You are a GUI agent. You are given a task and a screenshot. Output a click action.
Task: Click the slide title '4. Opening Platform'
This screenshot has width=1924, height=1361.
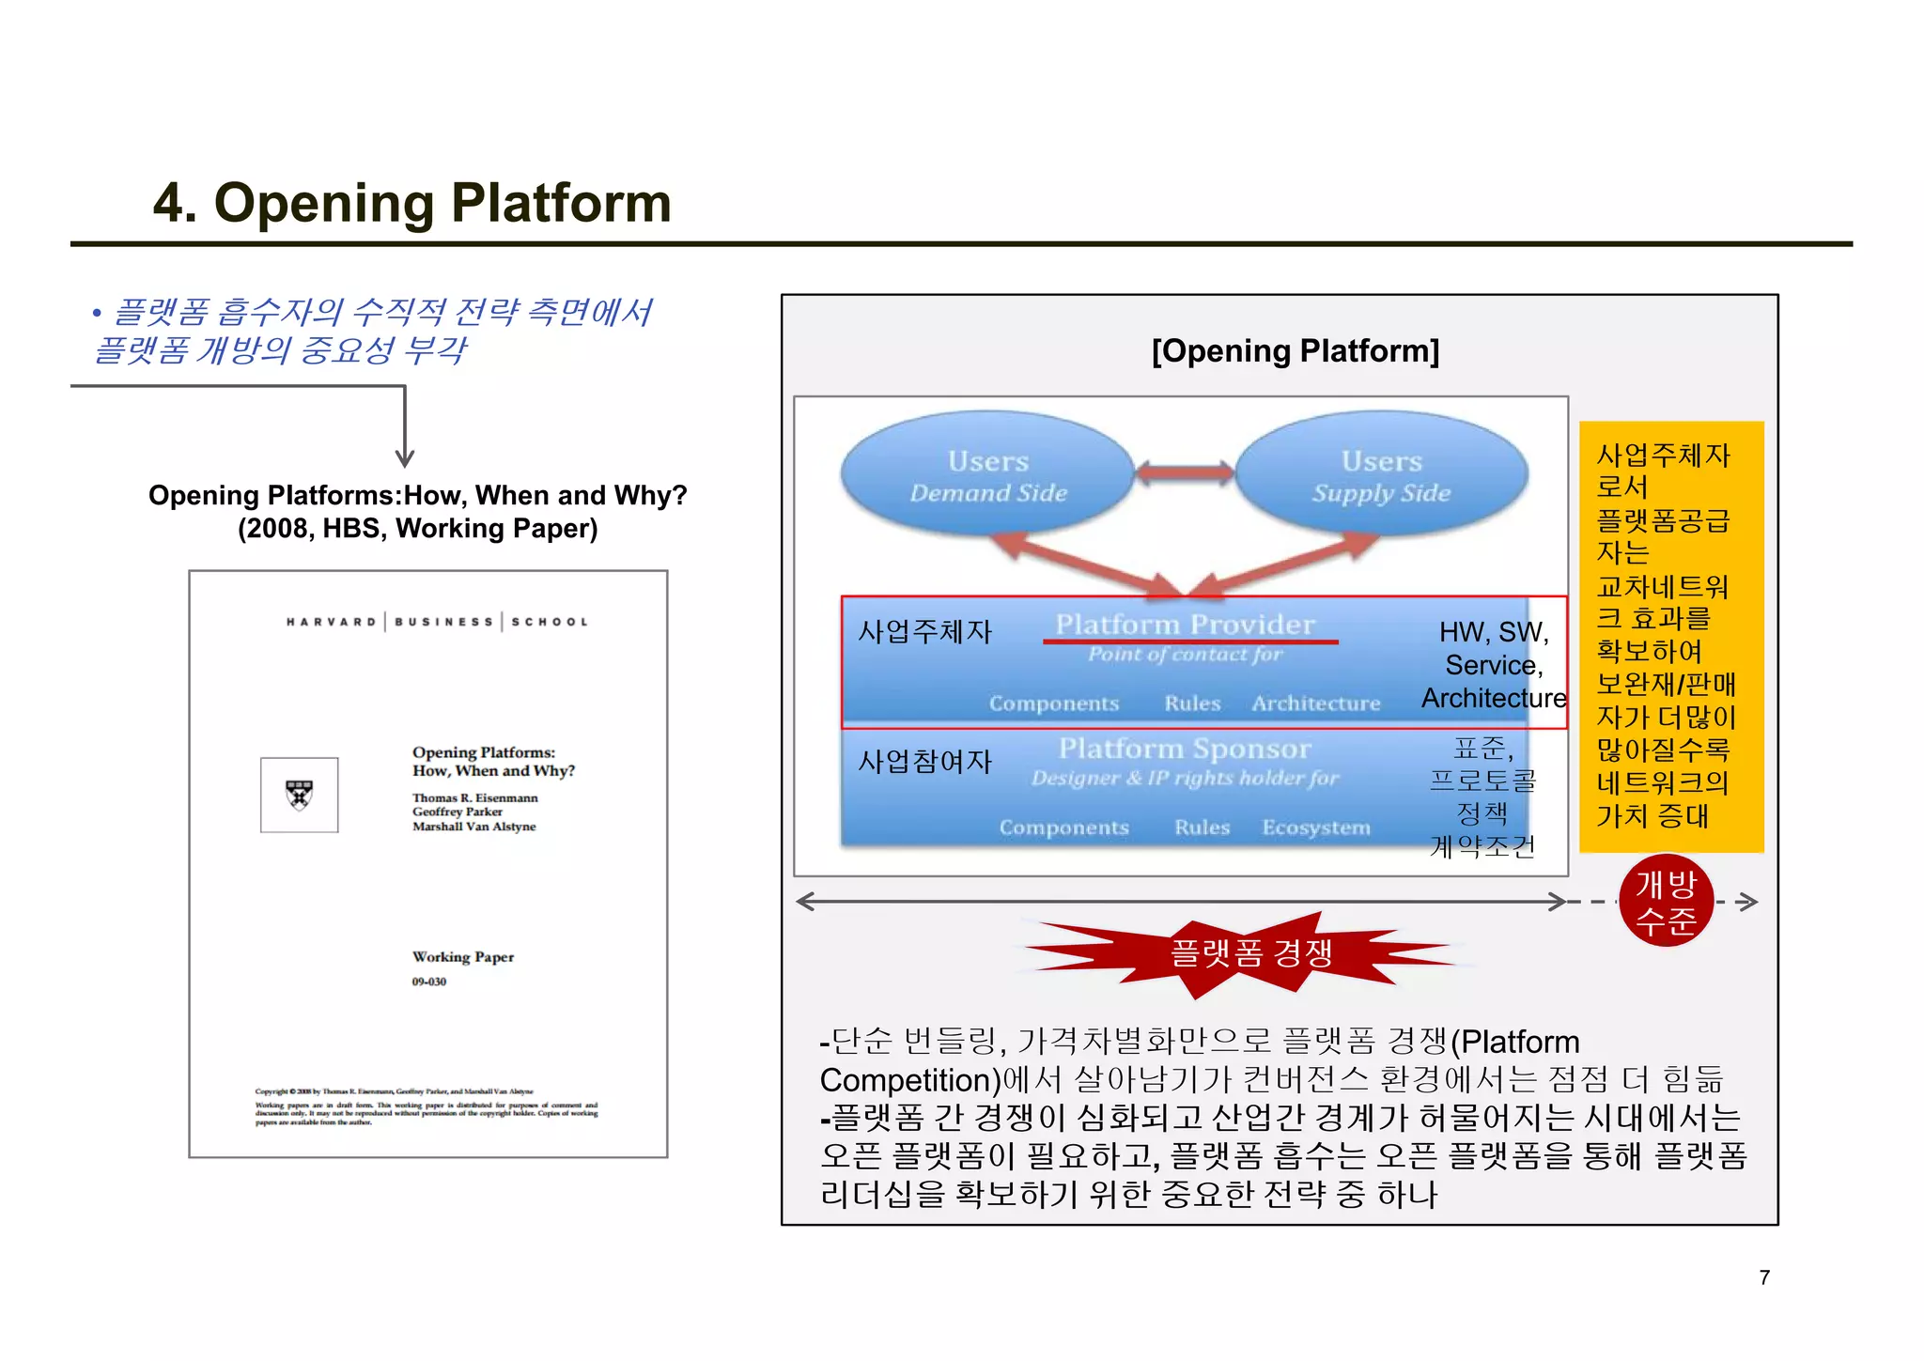coord(412,202)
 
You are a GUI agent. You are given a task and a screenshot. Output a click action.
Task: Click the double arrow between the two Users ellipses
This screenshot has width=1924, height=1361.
coord(1185,472)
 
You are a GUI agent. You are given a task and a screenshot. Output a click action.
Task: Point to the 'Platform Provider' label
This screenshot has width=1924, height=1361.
coord(1185,624)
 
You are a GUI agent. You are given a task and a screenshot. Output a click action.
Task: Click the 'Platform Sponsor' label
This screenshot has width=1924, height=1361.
coord(1184,749)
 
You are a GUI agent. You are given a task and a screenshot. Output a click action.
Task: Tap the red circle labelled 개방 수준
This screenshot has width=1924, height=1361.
coord(1666,902)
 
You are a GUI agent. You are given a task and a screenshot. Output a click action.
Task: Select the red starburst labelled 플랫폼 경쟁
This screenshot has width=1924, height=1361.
coord(1249,953)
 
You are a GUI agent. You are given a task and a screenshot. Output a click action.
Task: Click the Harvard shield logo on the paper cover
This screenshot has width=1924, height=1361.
coord(299,795)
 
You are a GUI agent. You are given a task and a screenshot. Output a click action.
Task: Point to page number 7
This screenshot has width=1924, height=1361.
coord(1764,1277)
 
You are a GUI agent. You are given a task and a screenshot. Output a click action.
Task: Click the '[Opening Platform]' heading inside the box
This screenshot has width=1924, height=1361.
coord(1295,351)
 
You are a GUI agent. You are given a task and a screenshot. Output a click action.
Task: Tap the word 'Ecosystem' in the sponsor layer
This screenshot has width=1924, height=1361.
coord(1315,827)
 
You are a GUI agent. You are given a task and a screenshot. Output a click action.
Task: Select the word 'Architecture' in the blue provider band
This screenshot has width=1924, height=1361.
coord(1315,704)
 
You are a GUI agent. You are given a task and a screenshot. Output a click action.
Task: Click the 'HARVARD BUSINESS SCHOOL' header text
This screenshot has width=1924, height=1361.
coord(437,622)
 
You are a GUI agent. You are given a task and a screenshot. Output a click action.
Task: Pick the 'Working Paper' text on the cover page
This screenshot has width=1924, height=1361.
coord(462,957)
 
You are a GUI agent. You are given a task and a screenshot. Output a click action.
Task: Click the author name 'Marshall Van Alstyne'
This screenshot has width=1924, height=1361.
coord(473,827)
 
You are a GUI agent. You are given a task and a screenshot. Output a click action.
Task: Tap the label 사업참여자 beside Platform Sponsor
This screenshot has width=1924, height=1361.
coord(924,761)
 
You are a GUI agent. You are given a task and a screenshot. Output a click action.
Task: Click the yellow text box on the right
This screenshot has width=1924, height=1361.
coord(1670,636)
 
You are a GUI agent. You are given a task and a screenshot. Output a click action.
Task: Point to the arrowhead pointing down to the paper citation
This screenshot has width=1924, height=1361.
coord(405,459)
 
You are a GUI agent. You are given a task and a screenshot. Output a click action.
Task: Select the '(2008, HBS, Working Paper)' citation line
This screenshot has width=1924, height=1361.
coord(417,528)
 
